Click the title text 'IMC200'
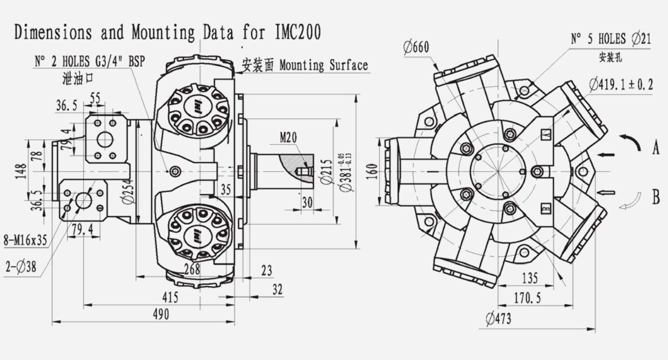pyautogui.click(x=298, y=32)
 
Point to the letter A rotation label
pyautogui.click(x=656, y=148)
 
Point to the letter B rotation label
pyautogui.click(x=656, y=196)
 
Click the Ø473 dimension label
pyautogui.click(x=498, y=319)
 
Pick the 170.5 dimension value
pyautogui.click(x=526, y=298)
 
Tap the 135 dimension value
pyautogui.click(x=530, y=278)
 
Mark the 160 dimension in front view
pyautogui.click(x=371, y=171)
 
